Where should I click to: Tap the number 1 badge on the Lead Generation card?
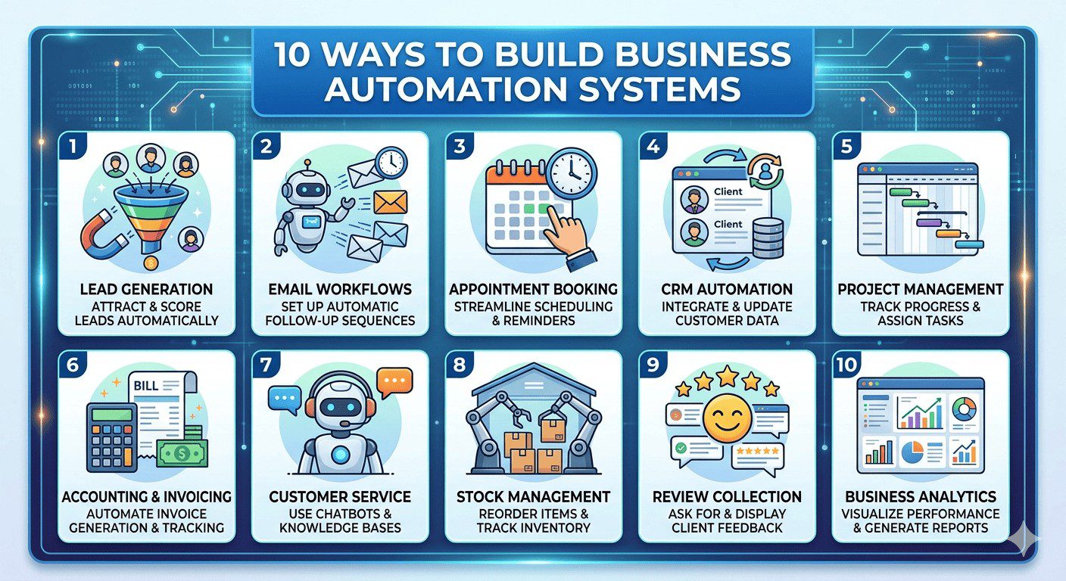point(73,146)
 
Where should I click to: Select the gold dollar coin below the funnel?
point(151,263)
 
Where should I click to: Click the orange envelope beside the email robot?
point(390,203)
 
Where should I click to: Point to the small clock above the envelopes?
point(391,163)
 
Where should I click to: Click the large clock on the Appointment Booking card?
point(572,173)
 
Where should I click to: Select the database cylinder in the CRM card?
point(768,238)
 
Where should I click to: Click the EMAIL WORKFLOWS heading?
point(340,289)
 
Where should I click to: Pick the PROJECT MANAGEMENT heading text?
point(921,289)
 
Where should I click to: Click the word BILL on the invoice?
point(146,386)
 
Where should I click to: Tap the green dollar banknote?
point(182,453)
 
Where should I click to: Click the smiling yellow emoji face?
point(727,418)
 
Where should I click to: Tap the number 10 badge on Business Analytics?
point(846,365)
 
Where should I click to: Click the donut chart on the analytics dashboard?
point(965,409)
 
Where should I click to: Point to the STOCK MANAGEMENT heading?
point(534,497)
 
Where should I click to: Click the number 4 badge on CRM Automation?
point(653,146)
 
